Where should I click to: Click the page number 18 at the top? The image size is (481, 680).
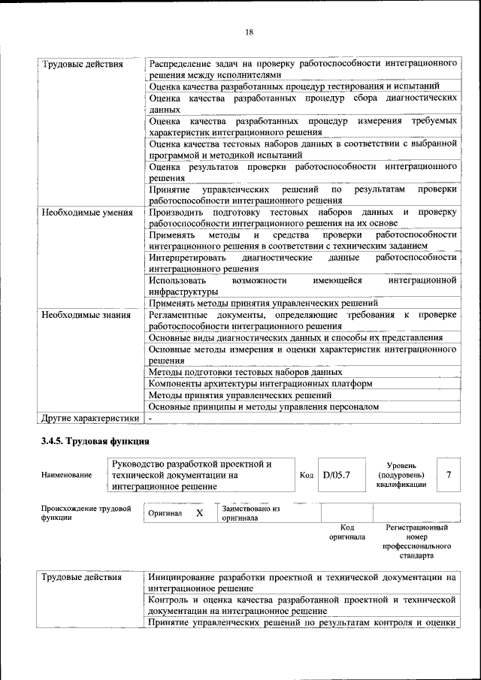click(249, 32)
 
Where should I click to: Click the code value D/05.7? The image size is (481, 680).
click(337, 474)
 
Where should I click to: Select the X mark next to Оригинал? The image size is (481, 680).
click(199, 512)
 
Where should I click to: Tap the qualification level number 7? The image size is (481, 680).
click(449, 474)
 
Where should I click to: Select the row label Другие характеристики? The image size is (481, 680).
click(90, 419)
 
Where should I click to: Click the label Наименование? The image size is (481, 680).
click(67, 475)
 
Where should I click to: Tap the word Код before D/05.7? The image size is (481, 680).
click(306, 475)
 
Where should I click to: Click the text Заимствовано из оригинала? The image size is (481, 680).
click(251, 514)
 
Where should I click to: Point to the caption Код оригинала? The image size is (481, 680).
click(346, 532)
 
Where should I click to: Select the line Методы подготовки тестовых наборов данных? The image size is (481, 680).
click(246, 372)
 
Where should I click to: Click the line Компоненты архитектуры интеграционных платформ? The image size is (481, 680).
click(260, 383)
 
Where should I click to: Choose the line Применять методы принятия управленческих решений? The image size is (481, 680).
click(263, 303)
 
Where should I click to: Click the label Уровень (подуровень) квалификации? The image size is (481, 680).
click(401, 475)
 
